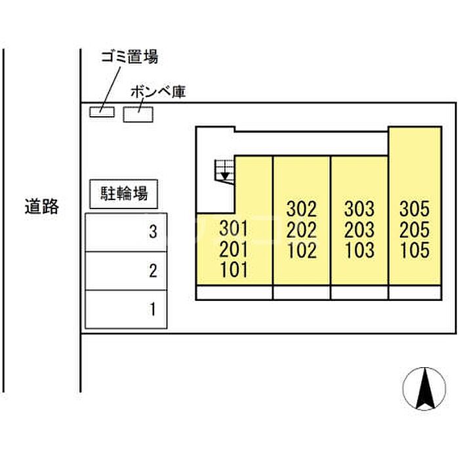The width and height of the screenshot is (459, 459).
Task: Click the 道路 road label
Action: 42,207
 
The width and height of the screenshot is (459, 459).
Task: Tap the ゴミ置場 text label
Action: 130,57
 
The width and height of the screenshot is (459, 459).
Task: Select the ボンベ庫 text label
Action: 159,92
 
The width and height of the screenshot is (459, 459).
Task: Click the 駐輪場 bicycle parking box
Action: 123,194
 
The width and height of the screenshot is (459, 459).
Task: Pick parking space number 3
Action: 126,232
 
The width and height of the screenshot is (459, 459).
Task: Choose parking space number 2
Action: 126,271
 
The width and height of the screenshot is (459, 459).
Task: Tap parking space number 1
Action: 126,309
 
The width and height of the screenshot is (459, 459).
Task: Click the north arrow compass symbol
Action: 424,388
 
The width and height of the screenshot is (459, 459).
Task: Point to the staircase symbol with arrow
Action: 225,172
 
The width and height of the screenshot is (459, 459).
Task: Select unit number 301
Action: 233,228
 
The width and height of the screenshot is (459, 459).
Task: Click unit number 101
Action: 233,269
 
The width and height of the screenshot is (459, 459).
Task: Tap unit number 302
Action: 302,209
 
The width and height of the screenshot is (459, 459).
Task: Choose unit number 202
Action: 302,229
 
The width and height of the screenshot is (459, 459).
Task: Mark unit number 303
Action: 359,209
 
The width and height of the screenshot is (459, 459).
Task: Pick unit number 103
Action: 359,250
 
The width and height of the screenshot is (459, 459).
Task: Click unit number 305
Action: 414,209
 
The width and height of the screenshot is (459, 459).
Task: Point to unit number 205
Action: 414,229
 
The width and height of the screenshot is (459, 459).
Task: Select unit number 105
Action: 414,250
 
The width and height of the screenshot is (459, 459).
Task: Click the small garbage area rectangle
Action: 102,112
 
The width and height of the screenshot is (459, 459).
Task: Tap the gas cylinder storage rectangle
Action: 138,114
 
